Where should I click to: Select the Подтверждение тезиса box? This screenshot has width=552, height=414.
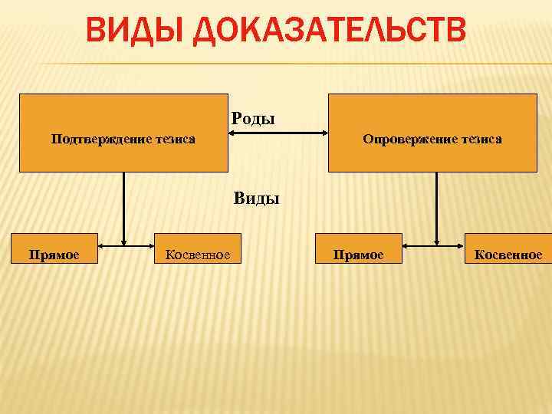(x=123, y=133)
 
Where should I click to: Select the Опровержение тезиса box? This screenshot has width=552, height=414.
(x=432, y=133)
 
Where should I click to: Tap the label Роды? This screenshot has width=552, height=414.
(x=252, y=119)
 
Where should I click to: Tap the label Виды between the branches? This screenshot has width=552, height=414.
(x=256, y=199)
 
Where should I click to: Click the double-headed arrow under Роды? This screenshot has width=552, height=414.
(x=278, y=133)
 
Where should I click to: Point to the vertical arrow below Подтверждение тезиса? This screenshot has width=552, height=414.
(x=123, y=207)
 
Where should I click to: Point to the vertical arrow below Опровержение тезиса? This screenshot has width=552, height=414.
(x=436, y=207)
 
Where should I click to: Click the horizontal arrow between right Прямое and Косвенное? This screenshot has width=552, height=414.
(x=434, y=246)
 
